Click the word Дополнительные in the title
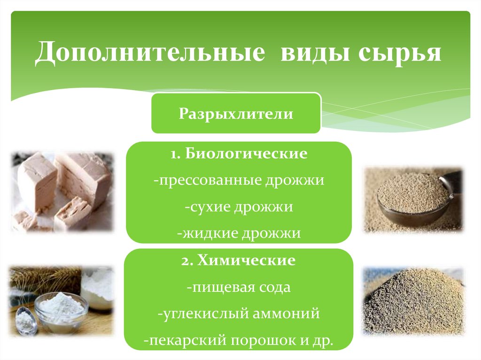click(149, 53)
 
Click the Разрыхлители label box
click(236, 114)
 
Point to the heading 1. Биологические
click(239, 154)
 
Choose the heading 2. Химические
click(239, 261)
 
